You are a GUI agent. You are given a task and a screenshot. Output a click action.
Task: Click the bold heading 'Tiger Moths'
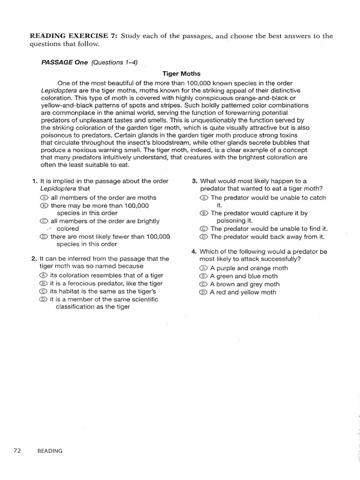coord(181,74)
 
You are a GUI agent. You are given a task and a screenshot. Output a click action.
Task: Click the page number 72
coord(17,451)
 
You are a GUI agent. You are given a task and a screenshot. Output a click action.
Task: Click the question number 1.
coord(34,181)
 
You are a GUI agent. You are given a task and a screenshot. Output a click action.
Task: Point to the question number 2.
coord(34,259)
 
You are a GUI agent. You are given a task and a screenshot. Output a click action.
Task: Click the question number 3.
coord(194,181)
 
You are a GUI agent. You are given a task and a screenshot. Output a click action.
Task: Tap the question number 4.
coord(194,251)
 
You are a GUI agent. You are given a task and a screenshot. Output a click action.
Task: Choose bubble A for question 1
coord(44,198)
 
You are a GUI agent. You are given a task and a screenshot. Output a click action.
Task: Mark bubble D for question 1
coord(44,237)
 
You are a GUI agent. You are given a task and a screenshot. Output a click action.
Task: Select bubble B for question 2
coord(44,284)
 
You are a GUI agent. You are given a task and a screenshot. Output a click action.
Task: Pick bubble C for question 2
coord(44,292)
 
